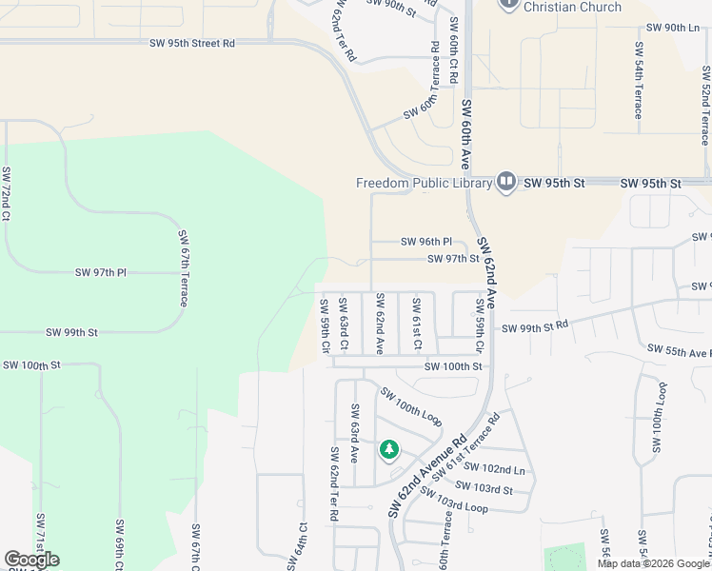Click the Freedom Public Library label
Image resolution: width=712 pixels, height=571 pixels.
tap(424, 183)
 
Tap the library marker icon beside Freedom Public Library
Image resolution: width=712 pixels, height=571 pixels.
tap(505, 182)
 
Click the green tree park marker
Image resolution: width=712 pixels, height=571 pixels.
tap(388, 448)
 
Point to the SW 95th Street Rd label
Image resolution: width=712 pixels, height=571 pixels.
tap(192, 43)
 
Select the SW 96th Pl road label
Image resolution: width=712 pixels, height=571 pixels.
tap(425, 242)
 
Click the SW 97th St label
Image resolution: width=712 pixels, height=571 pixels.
tap(453, 258)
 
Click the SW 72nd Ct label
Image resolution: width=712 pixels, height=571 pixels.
tap(7, 193)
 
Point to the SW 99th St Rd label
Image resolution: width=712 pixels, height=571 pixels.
tap(535, 325)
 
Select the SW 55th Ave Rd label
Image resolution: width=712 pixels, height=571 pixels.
tap(679, 350)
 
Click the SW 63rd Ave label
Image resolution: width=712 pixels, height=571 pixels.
tap(354, 433)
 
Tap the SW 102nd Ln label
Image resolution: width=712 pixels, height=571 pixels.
tap(504, 470)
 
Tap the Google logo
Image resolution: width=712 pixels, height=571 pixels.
tap(31, 560)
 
